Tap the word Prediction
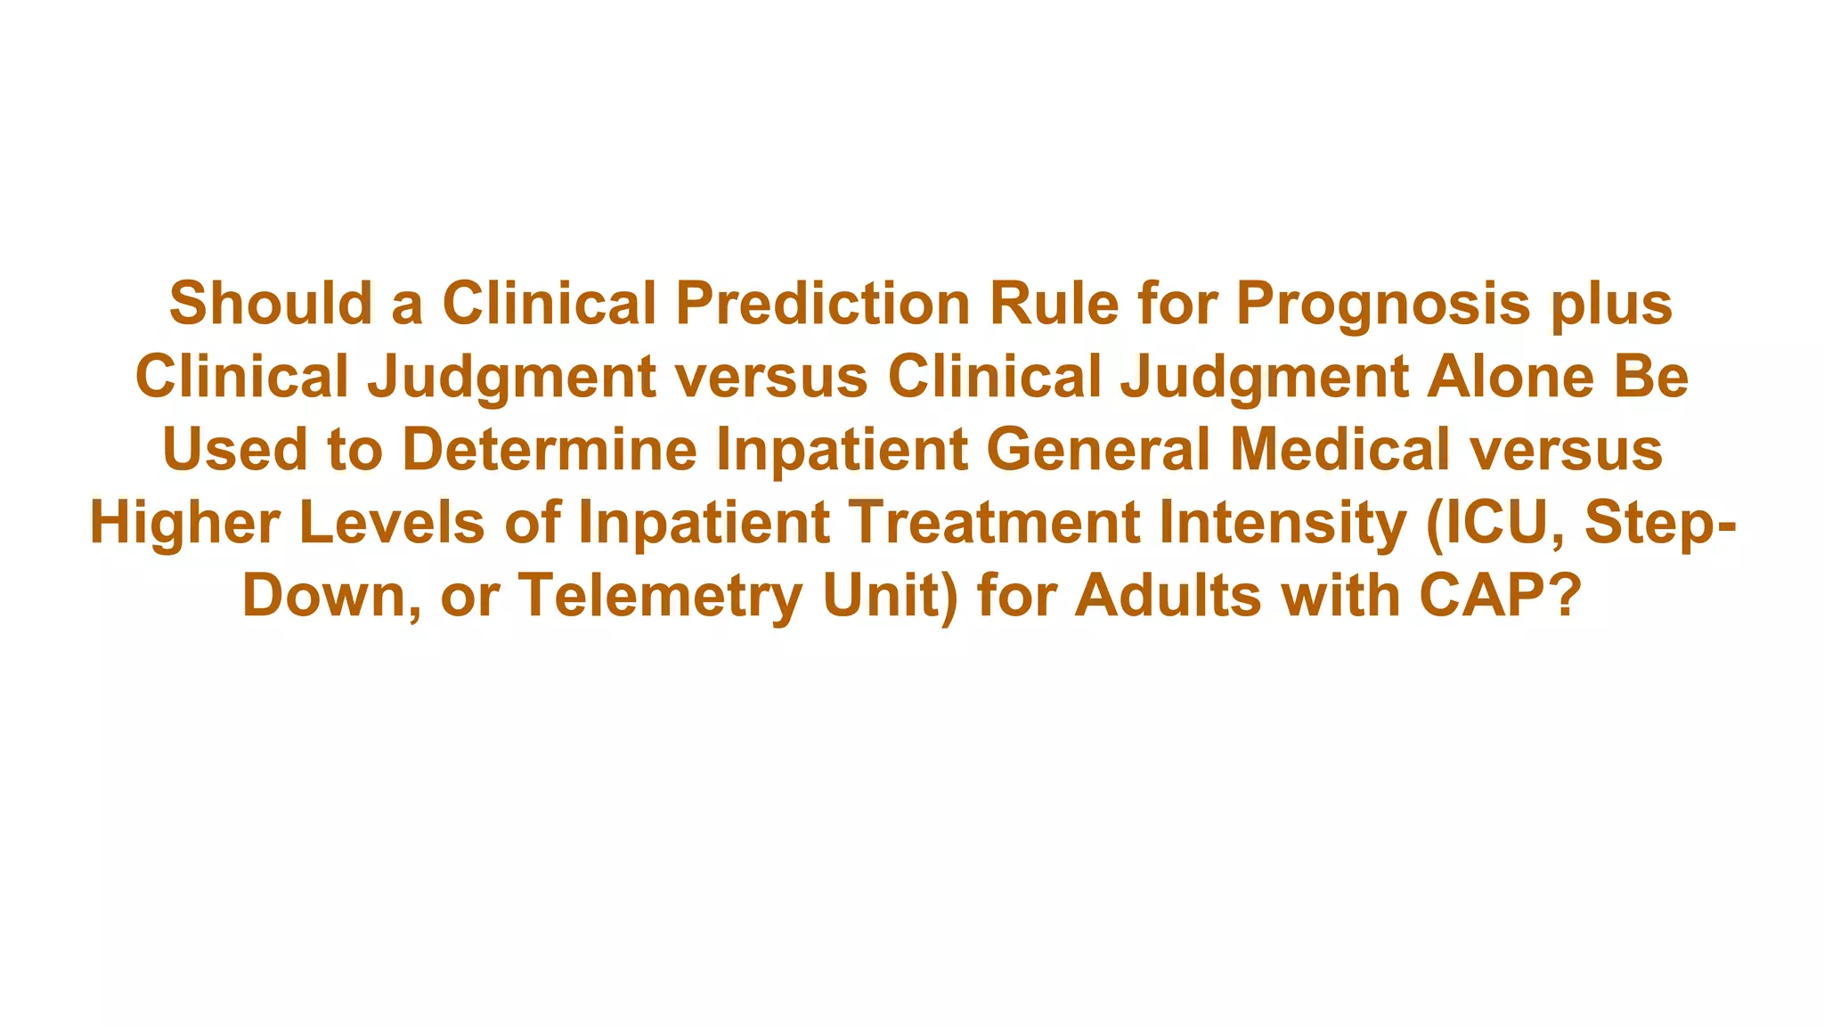822,303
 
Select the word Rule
1054,303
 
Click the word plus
1611,305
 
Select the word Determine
550,449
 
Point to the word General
1098,449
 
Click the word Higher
184,522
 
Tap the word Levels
392,522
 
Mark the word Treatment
994,522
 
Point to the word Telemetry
660,595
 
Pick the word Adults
1168,595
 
